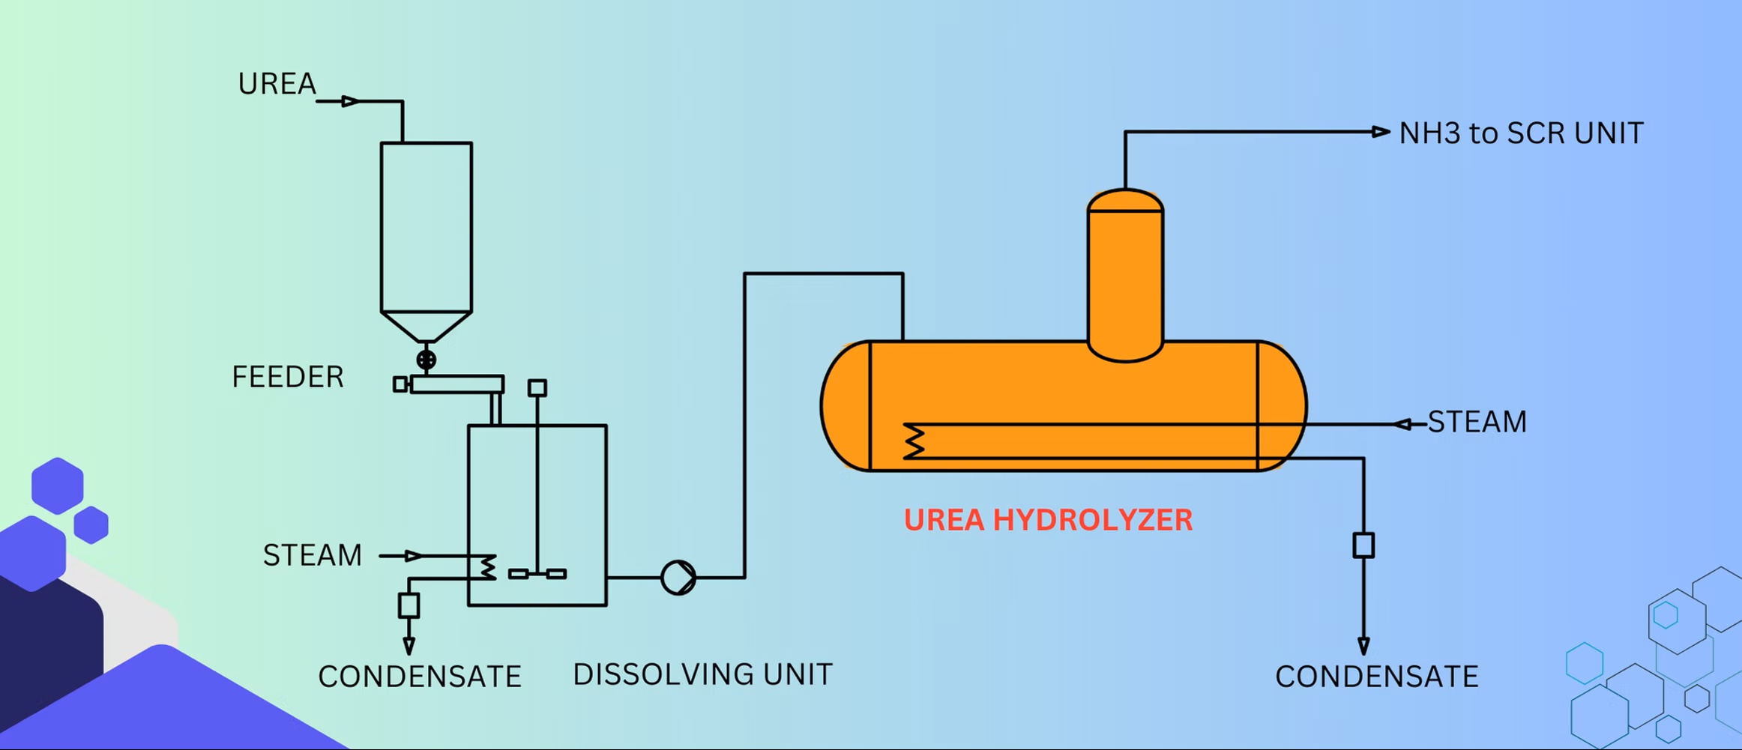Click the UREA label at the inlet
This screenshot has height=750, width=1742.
pos(277,84)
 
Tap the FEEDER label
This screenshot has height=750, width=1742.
pos(288,377)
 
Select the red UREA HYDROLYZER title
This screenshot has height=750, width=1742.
pos(1048,520)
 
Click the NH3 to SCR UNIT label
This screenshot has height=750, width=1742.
pos(1521,133)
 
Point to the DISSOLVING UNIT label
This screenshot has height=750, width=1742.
pos(702,674)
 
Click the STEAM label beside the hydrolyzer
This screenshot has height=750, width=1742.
pos(1477,422)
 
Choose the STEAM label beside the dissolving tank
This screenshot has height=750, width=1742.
pos(313,555)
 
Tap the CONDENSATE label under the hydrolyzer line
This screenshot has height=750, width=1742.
pos(1376,677)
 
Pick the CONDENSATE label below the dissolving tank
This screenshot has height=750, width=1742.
pos(419,677)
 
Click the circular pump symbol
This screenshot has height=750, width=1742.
pos(678,578)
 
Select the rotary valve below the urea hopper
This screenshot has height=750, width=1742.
pos(426,360)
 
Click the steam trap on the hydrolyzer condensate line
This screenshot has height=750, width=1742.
pos(1363,545)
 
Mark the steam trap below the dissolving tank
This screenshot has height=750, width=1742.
pos(409,605)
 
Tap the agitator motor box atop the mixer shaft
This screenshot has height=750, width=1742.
pos(537,387)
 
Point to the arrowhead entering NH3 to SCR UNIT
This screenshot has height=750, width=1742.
pos(1381,132)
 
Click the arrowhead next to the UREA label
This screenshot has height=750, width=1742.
pos(350,101)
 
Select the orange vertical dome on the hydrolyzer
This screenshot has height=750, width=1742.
pos(1124,273)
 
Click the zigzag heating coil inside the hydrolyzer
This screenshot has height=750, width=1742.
pos(914,441)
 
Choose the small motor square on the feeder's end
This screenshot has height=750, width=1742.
pos(400,384)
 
